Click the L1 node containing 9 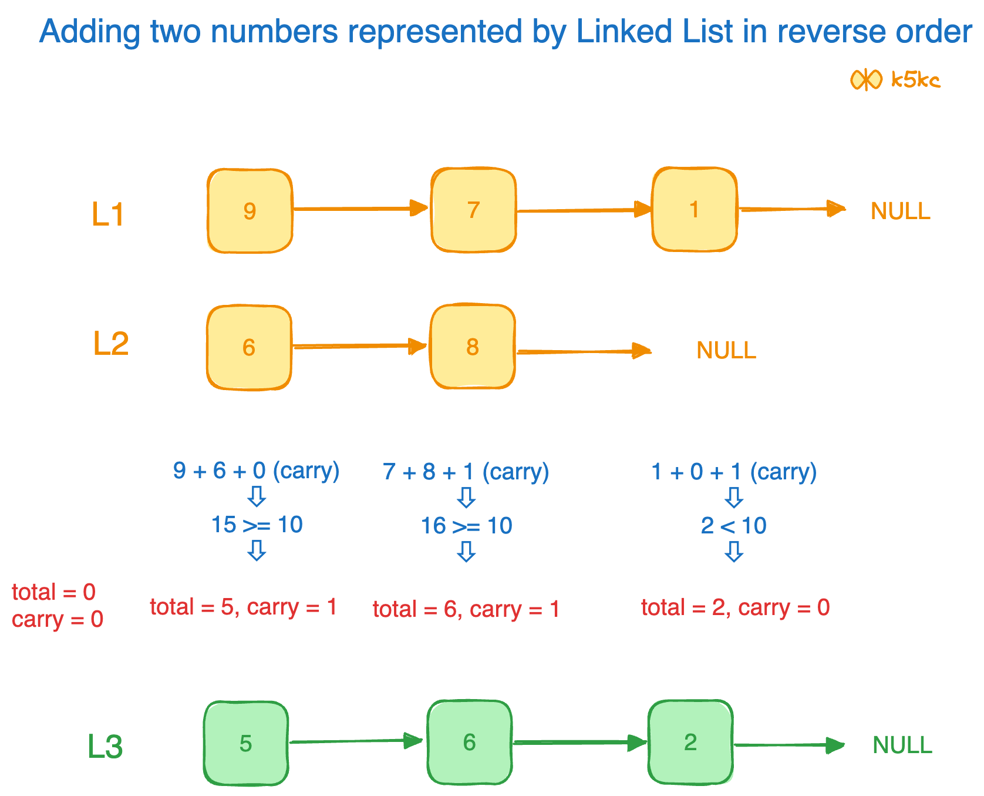pyautogui.click(x=250, y=211)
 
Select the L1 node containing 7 pyautogui.click(x=473, y=210)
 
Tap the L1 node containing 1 pyautogui.click(x=695, y=209)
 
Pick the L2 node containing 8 pyautogui.click(x=473, y=347)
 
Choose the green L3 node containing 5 pyautogui.click(x=246, y=743)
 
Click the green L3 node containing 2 pyautogui.click(x=690, y=742)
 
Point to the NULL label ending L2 pyautogui.click(x=726, y=351)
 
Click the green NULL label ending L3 pyautogui.click(x=902, y=745)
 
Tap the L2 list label pyautogui.click(x=110, y=344)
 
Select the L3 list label pyautogui.click(x=105, y=747)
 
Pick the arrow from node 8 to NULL pyautogui.click(x=584, y=352)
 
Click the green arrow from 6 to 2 pyautogui.click(x=579, y=743)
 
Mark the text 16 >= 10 pyautogui.click(x=466, y=526)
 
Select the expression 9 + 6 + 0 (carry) pyautogui.click(x=256, y=471)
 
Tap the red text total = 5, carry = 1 pyautogui.click(x=243, y=607)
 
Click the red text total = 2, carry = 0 pyautogui.click(x=735, y=607)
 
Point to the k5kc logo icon pyautogui.click(x=866, y=79)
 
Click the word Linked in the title pyautogui.click(x=625, y=31)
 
